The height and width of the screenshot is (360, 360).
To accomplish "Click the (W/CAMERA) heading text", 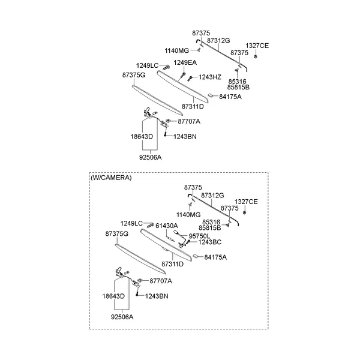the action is [x=111, y=178].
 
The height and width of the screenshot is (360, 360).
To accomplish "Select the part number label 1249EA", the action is [x=185, y=62].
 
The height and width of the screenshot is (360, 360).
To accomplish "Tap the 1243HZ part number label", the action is [x=210, y=77].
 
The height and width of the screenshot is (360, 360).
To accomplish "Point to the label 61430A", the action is [x=167, y=226].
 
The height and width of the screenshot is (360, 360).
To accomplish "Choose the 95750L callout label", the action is [x=199, y=236].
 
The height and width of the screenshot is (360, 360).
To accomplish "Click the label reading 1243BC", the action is [x=210, y=242].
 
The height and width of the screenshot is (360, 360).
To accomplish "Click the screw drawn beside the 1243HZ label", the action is [x=190, y=79].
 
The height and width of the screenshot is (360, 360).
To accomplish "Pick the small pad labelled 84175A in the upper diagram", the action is [x=211, y=95].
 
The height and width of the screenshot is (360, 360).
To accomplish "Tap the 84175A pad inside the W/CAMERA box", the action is [x=196, y=256].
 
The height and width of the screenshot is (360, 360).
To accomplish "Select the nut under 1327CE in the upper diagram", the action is [x=256, y=56].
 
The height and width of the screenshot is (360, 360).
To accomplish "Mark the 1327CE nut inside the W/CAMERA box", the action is [x=245, y=212].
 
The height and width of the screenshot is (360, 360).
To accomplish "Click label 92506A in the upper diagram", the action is [x=151, y=157].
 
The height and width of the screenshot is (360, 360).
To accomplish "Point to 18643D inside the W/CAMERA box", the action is [x=113, y=296].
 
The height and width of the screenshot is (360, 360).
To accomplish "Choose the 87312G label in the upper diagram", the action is [x=218, y=41].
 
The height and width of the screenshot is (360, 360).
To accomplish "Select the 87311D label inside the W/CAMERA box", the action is [x=173, y=264].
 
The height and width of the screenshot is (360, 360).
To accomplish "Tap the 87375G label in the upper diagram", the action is [x=134, y=76].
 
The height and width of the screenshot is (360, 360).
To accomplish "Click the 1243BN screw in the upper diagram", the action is [x=165, y=133].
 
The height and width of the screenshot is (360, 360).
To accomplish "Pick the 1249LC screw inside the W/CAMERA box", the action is [x=151, y=225].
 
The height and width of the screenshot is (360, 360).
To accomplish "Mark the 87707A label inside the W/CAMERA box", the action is [x=161, y=281].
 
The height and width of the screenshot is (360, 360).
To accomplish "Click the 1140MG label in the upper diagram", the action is [x=177, y=51].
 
